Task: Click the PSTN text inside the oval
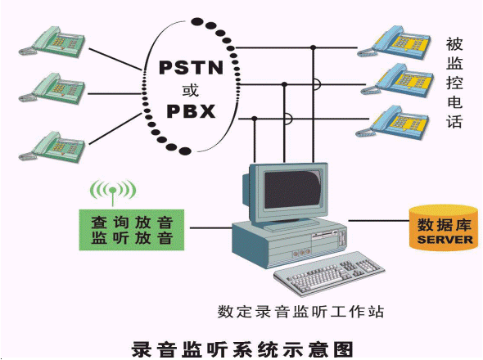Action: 191,67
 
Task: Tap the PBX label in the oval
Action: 191,111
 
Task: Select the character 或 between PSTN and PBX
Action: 191,90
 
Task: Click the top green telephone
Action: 52,42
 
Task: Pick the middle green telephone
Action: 52,88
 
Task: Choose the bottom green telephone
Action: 52,147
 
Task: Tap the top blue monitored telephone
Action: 394,42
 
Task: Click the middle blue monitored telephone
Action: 397,80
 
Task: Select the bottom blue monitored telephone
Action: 393,122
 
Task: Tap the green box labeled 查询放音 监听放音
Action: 132,230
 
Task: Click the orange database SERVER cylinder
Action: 444,227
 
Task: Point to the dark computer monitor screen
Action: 291,190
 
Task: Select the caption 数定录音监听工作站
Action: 300,312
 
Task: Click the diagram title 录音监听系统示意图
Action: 242,349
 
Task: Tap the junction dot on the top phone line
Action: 314,47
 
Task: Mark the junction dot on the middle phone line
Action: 284,84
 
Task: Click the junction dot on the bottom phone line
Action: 255,119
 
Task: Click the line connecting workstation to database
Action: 378,220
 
